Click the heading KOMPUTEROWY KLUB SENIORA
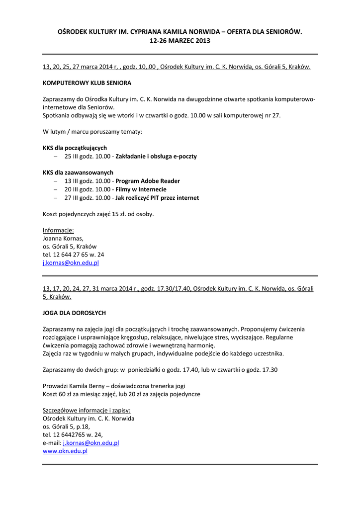87,83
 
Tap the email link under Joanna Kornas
71,262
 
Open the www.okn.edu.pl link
65,451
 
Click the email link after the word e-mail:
91,442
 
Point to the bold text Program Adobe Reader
148,181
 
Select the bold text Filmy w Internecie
141,189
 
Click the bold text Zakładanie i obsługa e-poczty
156,156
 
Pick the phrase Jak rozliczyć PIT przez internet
157,198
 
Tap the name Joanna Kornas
63,238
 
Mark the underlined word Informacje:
58,230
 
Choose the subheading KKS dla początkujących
75,148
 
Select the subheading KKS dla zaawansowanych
78,172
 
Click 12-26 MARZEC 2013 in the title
180,41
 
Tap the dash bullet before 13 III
56,181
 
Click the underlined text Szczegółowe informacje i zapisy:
87,410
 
